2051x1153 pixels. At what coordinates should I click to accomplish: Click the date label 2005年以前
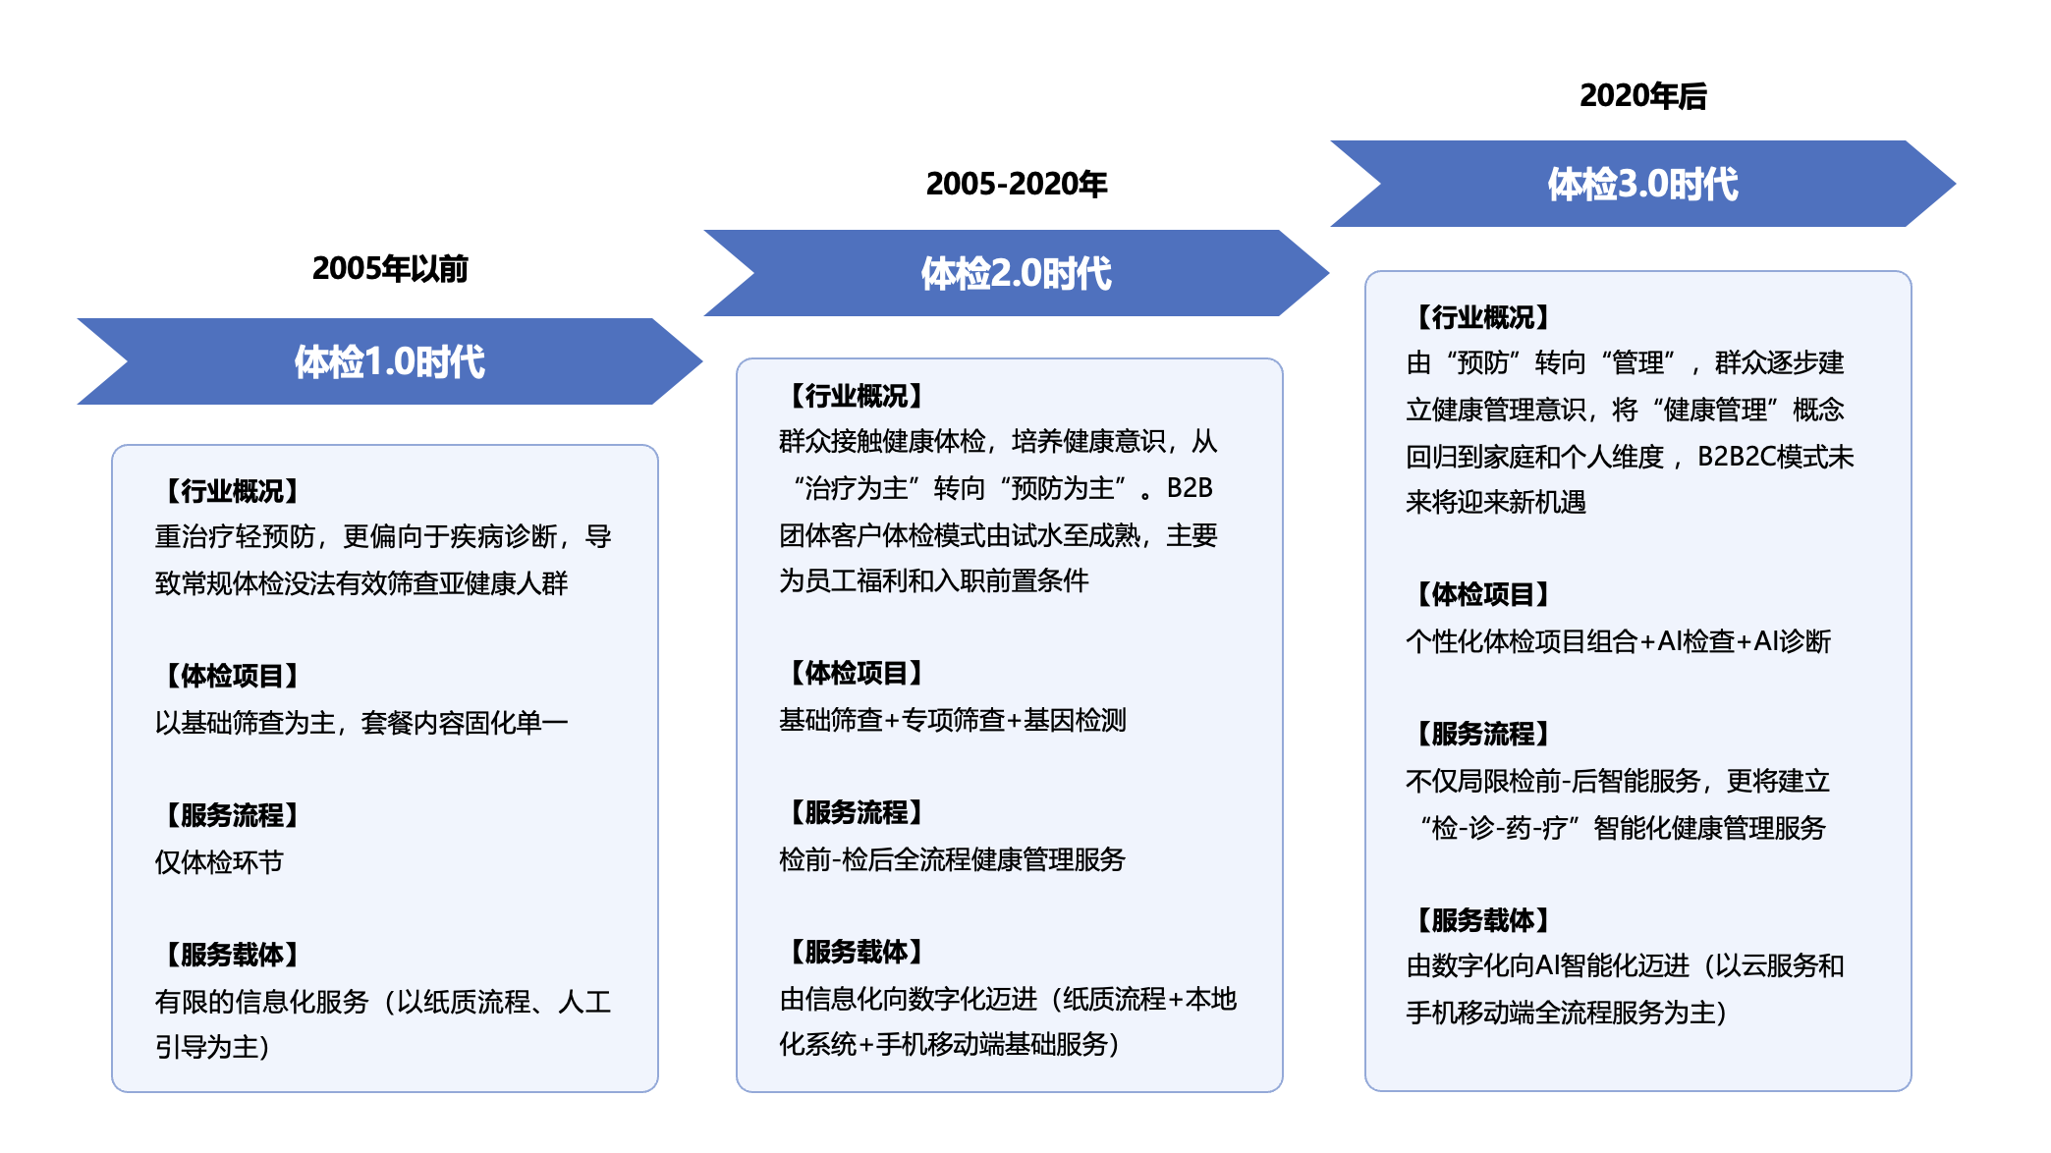(390, 268)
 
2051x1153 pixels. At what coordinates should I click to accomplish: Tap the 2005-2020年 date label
(1017, 183)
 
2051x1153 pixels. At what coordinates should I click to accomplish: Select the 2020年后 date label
(1642, 95)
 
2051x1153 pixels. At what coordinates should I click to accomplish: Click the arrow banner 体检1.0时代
(390, 361)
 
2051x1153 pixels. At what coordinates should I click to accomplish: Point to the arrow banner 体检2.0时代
(1017, 273)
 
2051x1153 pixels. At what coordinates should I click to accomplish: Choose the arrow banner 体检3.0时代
(1643, 184)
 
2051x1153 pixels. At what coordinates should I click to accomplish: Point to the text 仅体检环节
(219, 862)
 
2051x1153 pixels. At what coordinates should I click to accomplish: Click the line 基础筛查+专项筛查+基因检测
(953, 720)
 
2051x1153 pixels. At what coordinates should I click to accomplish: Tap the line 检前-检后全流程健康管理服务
(953, 859)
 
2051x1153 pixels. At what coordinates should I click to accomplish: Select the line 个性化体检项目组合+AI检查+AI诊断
(1619, 641)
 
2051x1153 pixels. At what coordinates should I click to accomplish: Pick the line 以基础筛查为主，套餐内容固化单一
(361, 723)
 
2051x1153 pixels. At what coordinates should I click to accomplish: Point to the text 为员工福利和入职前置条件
(934, 580)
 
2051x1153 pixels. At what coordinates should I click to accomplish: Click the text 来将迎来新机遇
(1496, 502)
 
